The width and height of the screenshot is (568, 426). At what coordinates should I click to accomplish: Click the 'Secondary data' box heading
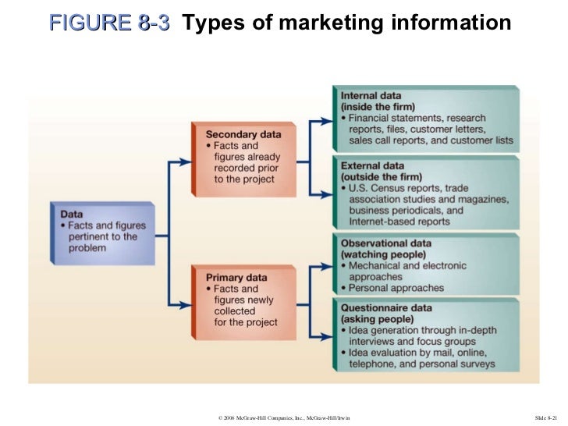point(243,134)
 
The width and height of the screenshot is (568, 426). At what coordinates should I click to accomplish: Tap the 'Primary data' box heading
point(237,278)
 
